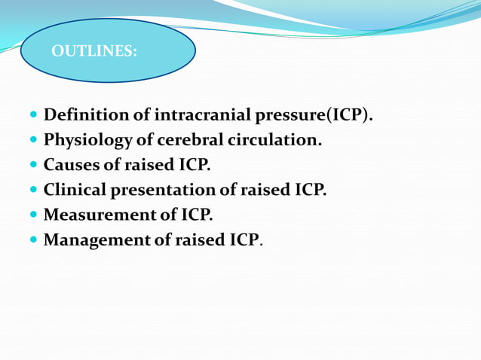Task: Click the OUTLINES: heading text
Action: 94,52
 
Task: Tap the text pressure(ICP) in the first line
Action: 314,115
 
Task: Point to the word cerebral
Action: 187,140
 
